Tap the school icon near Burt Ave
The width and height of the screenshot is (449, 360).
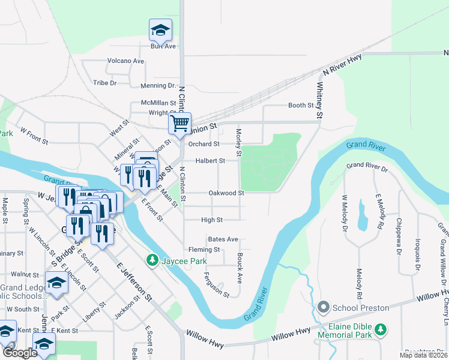pyautogui.click(x=160, y=30)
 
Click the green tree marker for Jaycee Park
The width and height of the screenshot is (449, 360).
pyautogui.click(x=153, y=260)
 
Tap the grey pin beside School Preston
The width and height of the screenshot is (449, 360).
pyautogui.click(x=325, y=308)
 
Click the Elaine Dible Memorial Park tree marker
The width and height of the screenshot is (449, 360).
pyautogui.click(x=381, y=329)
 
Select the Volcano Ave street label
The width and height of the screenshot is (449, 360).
pyautogui.click(x=125, y=61)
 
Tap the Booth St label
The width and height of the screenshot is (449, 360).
pyautogui.click(x=301, y=105)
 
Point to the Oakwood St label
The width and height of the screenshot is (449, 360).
pyautogui.click(x=226, y=193)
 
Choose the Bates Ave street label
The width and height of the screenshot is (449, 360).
pyautogui.click(x=223, y=239)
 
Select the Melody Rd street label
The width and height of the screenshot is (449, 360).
pyautogui.click(x=360, y=288)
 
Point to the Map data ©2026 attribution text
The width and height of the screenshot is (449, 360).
pyautogui.click(x=424, y=355)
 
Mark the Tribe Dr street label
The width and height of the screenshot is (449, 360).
pyautogui.click(x=104, y=83)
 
